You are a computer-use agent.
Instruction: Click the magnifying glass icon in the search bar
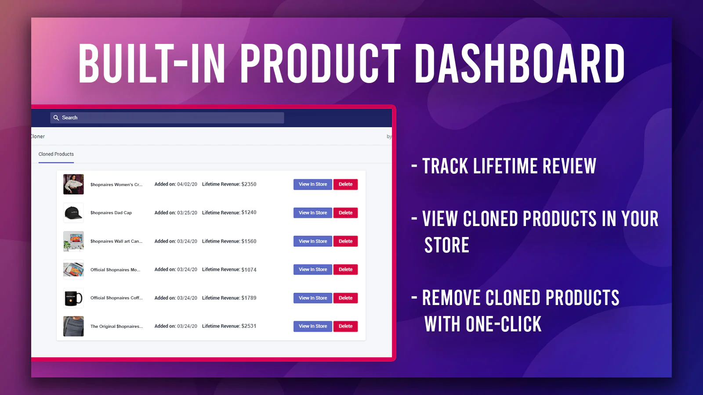[x=56, y=118]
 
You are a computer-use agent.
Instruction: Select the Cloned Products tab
[x=56, y=154]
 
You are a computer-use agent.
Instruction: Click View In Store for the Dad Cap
[x=312, y=212]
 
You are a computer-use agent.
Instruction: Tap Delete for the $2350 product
[x=345, y=184]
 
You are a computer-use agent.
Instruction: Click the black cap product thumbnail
[x=73, y=213]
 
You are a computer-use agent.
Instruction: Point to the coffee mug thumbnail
[x=73, y=298]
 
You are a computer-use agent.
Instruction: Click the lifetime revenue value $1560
[x=249, y=241]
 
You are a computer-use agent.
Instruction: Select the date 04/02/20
[x=187, y=184]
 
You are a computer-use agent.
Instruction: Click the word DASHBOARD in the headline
[x=520, y=63]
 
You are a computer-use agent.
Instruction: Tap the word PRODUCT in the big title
[x=320, y=63]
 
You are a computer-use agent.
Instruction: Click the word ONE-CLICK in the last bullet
[x=504, y=324]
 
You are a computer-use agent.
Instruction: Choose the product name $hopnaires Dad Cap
[x=111, y=213]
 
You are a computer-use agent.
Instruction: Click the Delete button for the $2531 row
[x=345, y=327]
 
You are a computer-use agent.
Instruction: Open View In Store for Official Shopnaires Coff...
[x=312, y=298]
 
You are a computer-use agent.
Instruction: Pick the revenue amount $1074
[x=249, y=269]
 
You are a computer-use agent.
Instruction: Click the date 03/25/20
[x=187, y=212]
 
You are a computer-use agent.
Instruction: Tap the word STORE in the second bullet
[x=446, y=245]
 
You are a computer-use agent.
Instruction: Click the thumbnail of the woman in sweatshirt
[x=73, y=184]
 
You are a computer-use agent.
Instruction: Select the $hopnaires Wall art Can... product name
[x=116, y=241]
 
